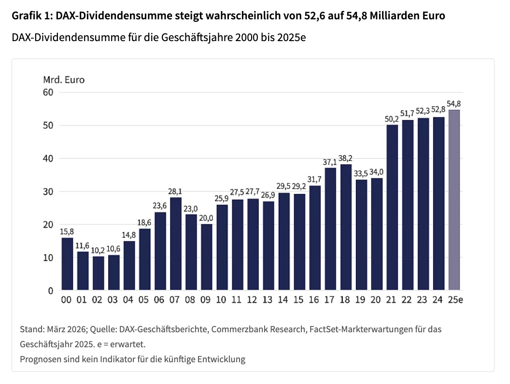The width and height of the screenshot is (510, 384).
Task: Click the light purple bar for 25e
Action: click(454, 200)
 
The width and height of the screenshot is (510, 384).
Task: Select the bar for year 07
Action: click(175, 244)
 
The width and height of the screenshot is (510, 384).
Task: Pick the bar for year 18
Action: click(346, 227)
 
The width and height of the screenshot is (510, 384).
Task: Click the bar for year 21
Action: click(392, 207)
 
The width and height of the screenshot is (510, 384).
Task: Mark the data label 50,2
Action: click(392, 119)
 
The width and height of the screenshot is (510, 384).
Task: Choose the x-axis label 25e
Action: click(454, 300)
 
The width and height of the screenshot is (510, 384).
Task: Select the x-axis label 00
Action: click(67, 300)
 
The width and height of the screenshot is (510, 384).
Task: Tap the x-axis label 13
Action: click(268, 300)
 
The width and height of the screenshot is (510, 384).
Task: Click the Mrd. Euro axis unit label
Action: click(64, 79)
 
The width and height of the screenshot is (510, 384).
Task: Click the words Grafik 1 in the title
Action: click(31, 16)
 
